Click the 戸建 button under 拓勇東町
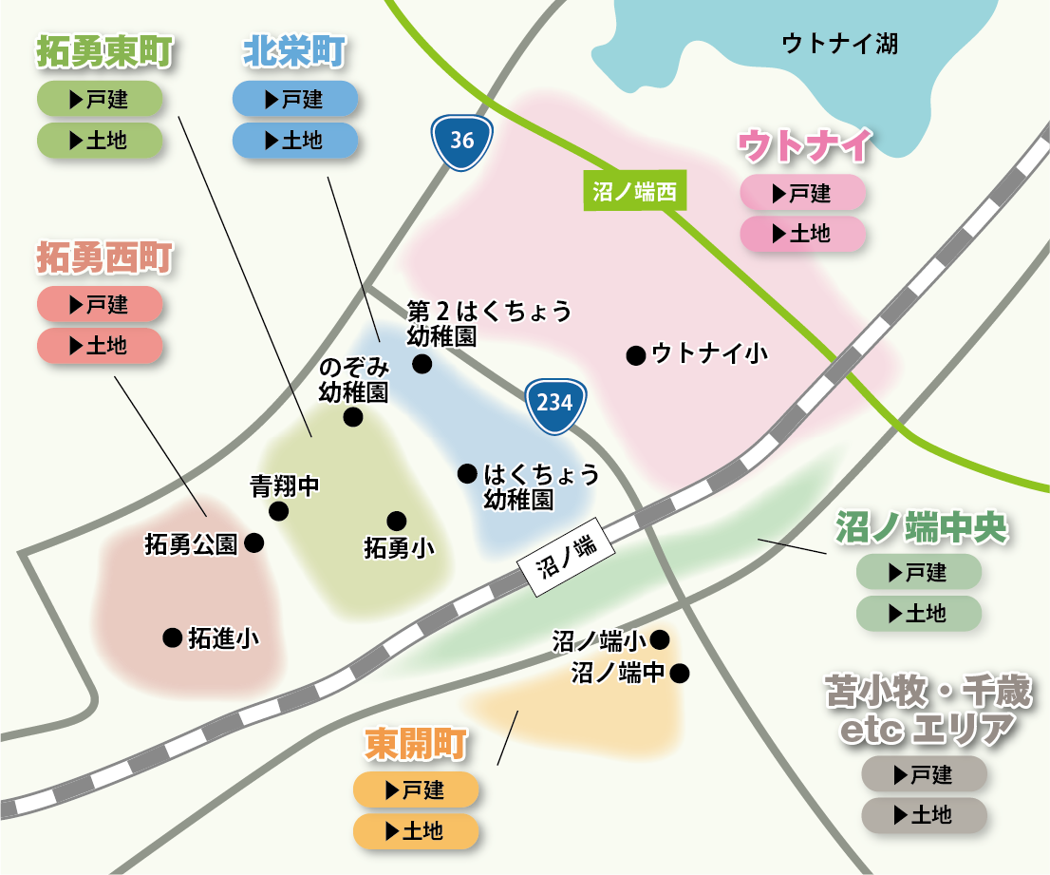[100, 99]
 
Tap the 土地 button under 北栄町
[295, 141]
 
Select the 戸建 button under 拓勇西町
[100, 305]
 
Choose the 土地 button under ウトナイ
[802, 234]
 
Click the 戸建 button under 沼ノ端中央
[918, 572]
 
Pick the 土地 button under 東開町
[415, 831]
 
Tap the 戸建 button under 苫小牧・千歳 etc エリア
[924, 774]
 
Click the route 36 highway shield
[461, 141]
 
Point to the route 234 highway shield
[554, 402]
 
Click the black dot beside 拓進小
[172, 637]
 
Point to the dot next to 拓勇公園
[253, 543]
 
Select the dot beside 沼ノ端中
[679, 674]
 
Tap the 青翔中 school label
[285, 487]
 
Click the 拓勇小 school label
[400, 547]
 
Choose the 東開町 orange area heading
[416, 745]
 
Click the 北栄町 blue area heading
[294, 52]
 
